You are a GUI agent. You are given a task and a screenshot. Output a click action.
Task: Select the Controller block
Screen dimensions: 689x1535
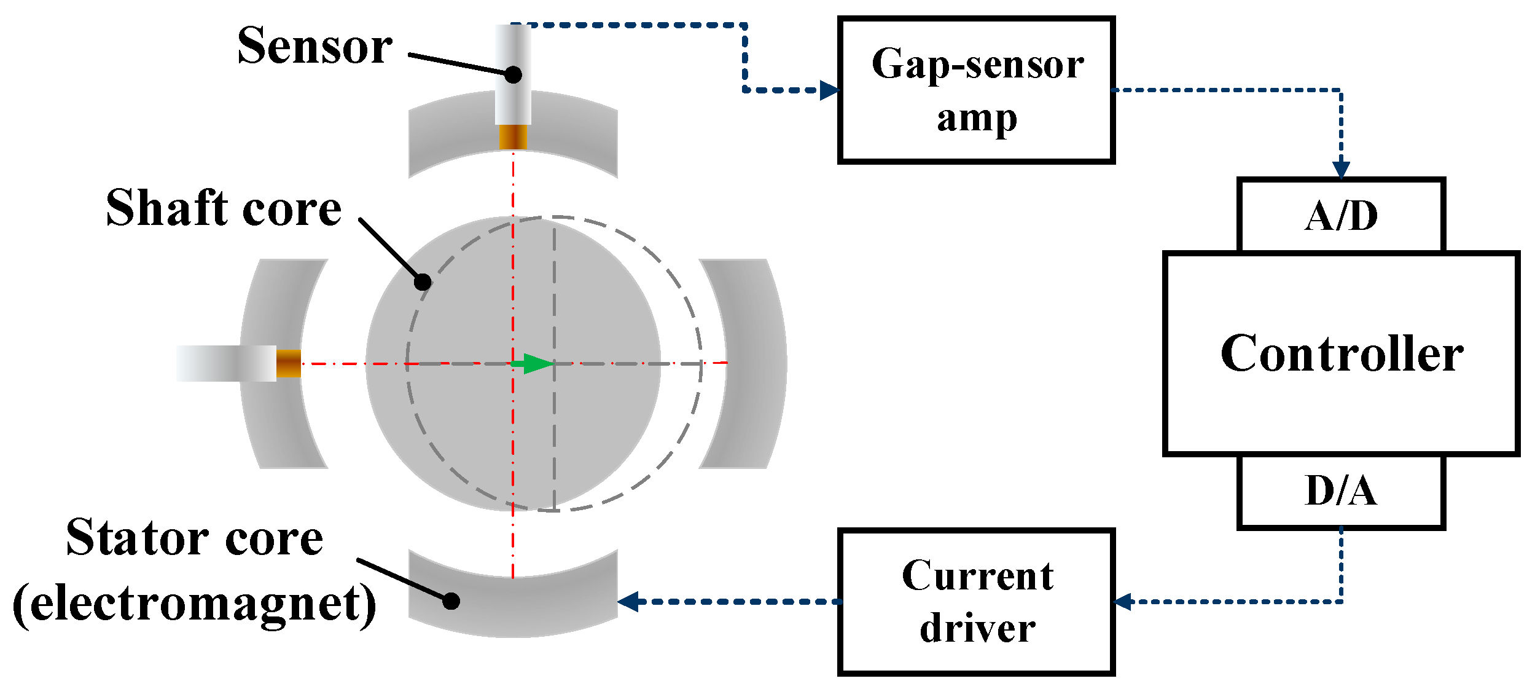tap(1341, 353)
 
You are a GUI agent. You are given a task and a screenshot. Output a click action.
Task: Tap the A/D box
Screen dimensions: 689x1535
tap(1341, 216)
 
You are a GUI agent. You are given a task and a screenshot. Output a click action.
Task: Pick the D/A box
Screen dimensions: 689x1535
tap(1341, 491)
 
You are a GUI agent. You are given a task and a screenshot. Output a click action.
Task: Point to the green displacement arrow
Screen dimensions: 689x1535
tap(533, 363)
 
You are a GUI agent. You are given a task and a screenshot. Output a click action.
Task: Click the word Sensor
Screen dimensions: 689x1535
tap(314, 46)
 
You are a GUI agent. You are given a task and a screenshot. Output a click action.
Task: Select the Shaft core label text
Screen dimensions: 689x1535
tap(224, 208)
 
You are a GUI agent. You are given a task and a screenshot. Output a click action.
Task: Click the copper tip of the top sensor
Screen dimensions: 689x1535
tap(513, 137)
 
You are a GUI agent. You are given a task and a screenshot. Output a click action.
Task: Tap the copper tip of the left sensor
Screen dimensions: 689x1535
tap(288, 363)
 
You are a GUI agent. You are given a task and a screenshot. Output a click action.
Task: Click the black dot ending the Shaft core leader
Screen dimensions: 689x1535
tap(423, 282)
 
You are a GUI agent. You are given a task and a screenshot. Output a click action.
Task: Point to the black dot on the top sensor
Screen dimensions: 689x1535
tap(514, 75)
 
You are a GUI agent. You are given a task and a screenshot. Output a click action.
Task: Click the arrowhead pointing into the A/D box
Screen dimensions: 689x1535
tap(1341, 170)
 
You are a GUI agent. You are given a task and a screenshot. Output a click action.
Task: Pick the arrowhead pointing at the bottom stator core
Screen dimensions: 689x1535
tap(628, 602)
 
